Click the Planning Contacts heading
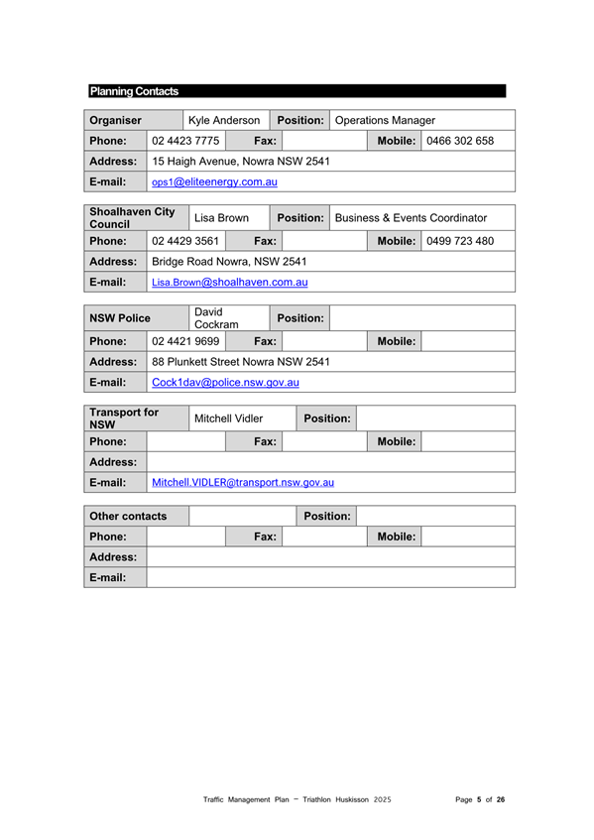(134, 91)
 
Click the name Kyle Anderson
(224, 120)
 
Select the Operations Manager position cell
(386, 120)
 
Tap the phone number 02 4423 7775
(185, 141)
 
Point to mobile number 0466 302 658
(459, 141)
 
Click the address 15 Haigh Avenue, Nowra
(241, 161)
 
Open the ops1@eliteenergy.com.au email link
(214, 181)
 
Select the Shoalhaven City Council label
(125, 216)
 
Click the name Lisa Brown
(221, 216)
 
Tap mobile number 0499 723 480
(459, 241)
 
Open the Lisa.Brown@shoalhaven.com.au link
(229, 282)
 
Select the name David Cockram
(216, 318)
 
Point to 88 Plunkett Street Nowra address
(241, 361)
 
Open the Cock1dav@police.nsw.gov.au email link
(225, 382)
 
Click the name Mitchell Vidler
(228, 419)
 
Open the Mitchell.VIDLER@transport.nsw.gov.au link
(242, 482)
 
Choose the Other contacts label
(127, 517)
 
